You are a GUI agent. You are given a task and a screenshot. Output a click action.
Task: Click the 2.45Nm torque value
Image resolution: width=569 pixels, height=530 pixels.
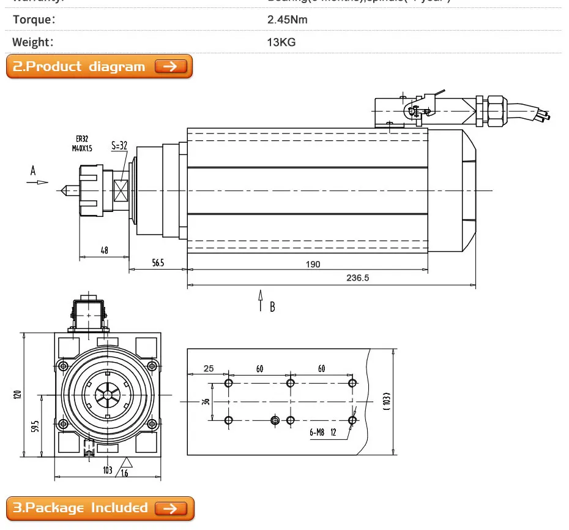[288, 19]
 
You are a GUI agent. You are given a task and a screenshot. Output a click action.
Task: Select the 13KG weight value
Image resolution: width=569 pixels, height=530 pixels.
[281, 42]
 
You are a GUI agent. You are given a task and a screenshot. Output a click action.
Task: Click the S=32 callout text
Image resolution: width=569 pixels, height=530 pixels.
[119, 146]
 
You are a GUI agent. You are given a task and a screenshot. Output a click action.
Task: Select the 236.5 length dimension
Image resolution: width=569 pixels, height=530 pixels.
[357, 278]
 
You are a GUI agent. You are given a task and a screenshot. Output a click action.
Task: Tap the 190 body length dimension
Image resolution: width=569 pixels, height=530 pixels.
[313, 264]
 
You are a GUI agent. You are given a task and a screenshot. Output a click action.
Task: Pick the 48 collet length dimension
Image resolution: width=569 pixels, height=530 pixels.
[104, 250]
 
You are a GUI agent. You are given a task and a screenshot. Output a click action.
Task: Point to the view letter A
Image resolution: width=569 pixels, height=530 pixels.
[33, 171]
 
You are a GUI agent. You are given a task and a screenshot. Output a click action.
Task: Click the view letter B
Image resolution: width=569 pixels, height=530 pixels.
[272, 307]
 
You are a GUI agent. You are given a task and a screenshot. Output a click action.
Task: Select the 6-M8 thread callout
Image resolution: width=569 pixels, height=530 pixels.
[316, 432]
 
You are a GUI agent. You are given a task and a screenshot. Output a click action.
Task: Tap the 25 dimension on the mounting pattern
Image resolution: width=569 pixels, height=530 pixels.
[209, 369]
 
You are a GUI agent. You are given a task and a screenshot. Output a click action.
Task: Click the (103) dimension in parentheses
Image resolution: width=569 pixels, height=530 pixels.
[386, 401]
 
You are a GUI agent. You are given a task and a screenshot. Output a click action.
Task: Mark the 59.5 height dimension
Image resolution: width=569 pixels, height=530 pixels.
[35, 426]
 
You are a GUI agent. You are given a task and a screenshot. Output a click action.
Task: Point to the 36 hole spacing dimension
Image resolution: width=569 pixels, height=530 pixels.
[206, 402]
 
